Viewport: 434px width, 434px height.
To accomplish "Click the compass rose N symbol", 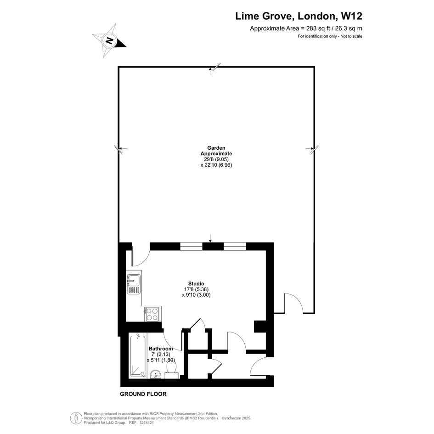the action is point(109,41).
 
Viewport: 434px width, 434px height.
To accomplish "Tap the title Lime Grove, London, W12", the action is point(299,16).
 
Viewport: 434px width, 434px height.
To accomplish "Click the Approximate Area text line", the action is point(306,28).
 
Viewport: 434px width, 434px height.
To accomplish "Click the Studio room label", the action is point(196,283).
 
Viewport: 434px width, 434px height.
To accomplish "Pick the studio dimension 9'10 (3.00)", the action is point(196,295).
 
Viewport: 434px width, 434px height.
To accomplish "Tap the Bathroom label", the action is point(161,349).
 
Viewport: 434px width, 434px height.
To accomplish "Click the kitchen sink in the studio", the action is point(134,284).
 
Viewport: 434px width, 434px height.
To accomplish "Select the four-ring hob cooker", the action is point(152,314).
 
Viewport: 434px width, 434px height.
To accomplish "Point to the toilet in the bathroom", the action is point(172,370).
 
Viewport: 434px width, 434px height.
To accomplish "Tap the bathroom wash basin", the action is point(156,374).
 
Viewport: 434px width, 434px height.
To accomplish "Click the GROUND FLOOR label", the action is point(143,394).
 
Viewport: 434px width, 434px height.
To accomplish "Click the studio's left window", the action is point(191,246).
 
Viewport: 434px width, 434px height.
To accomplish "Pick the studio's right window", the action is point(235,246).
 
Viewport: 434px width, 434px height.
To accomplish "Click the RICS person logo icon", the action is point(76,418).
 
